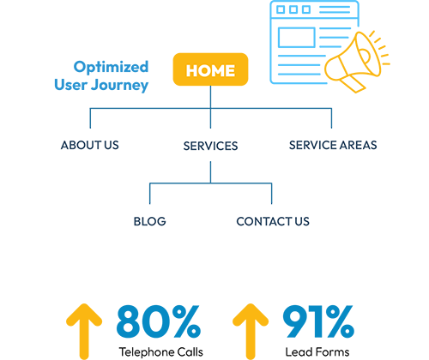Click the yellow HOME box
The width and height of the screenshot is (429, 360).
[210, 69]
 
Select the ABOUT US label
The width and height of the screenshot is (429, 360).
[90, 145]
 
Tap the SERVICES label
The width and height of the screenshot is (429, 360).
[210, 146]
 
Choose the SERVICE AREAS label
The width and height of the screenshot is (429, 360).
[333, 145]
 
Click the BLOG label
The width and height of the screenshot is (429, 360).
[150, 221]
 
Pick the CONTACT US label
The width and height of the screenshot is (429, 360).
[273, 221]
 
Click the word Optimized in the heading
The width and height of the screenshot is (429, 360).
[111, 68]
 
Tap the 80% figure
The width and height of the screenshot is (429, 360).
[159, 321]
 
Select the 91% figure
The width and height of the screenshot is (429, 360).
[318, 321]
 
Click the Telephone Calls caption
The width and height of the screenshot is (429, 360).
[161, 352]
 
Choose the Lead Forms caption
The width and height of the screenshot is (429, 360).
[317, 352]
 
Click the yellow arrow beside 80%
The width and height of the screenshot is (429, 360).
[84, 332]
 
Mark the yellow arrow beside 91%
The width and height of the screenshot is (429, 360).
[251, 332]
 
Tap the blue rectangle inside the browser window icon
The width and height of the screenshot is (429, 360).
[297, 38]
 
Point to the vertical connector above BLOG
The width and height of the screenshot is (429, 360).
[150, 194]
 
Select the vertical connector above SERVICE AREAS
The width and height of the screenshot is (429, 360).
[331, 118]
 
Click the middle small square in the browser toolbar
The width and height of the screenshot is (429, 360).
[293, 9]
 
